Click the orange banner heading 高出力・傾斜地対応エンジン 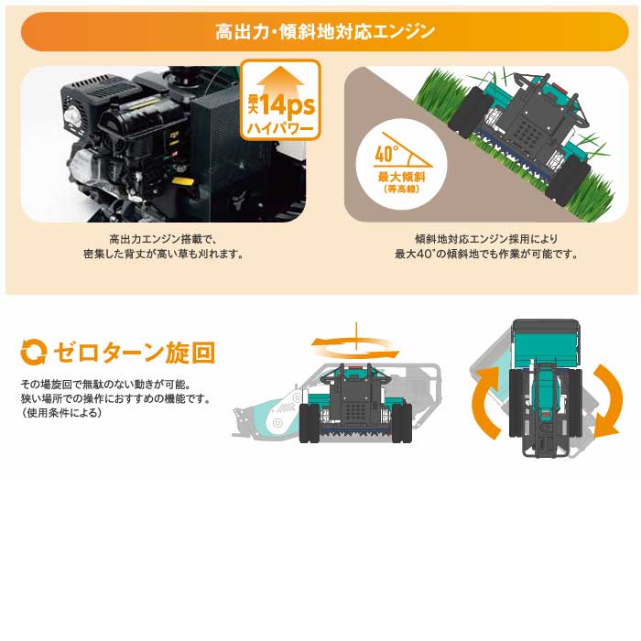(324, 31)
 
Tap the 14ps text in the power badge (288, 105)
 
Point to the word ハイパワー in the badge (280, 129)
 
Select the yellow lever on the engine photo (183, 182)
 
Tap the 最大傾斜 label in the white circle (401, 177)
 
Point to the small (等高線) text (401, 190)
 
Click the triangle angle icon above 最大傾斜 (403, 150)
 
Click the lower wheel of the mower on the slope (569, 180)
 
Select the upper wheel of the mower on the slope (470, 111)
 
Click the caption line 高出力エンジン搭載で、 (163, 239)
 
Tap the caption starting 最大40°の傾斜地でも (486, 255)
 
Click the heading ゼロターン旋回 (134, 353)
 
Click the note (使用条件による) (61, 413)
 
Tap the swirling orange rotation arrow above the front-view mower (355, 348)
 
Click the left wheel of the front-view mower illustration (310, 422)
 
